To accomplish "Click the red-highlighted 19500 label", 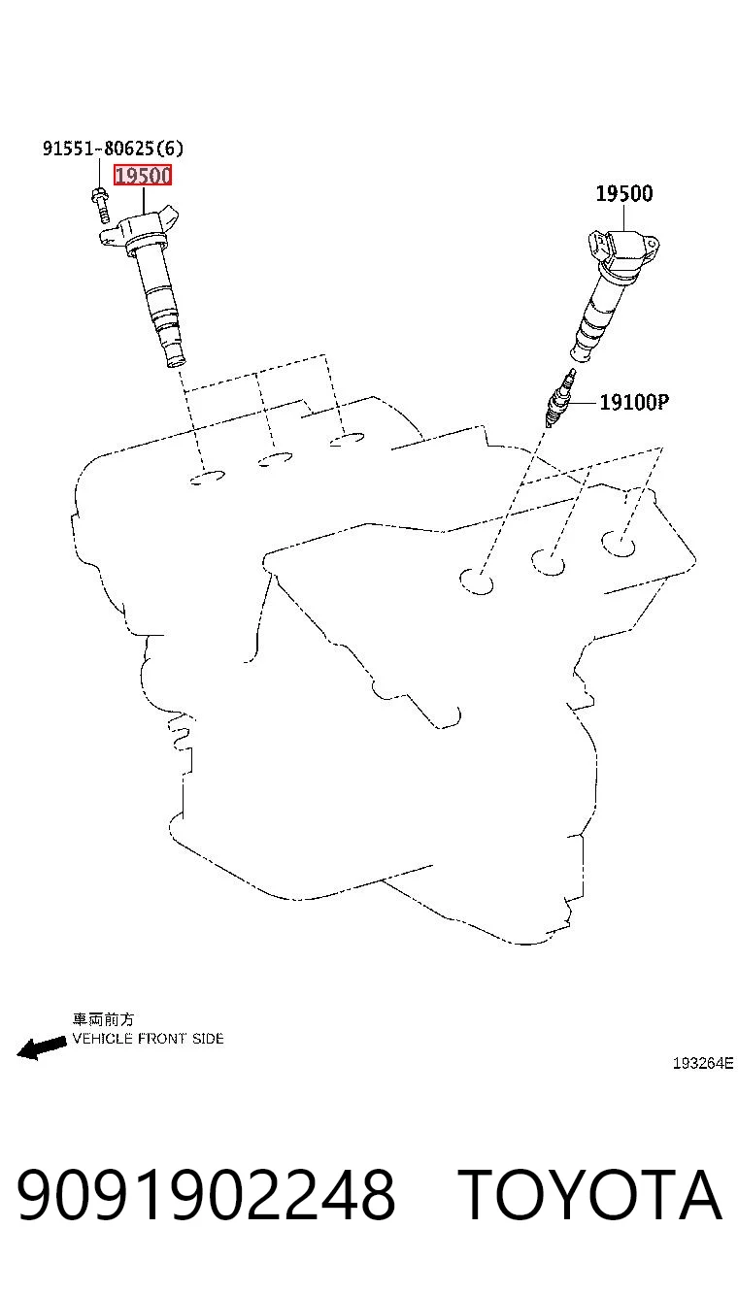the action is click(x=143, y=175).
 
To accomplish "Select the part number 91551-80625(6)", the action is click(x=114, y=149).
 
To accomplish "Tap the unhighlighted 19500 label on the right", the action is click(x=624, y=193).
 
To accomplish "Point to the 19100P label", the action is click(x=634, y=402).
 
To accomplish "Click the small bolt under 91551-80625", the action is click(x=100, y=205).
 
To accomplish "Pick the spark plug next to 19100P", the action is click(x=560, y=398).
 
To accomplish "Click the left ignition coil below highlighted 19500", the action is click(x=148, y=283).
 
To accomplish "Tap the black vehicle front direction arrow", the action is click(x=42, y=1046).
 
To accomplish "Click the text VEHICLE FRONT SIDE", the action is click(x=148, y=1039).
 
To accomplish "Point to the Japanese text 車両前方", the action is click(x=103, y=1019).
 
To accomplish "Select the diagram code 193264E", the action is click(x=703, y=1063).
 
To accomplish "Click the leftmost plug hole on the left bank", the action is click(x=207, y=478).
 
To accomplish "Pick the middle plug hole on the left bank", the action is click(x=276, y=459).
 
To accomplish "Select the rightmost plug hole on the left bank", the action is click(x=347, y=440).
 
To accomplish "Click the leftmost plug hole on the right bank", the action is click(x=477, y=581).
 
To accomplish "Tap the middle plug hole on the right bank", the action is click(x=548, y=562).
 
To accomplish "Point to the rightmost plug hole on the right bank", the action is click(x=619, y=544).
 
